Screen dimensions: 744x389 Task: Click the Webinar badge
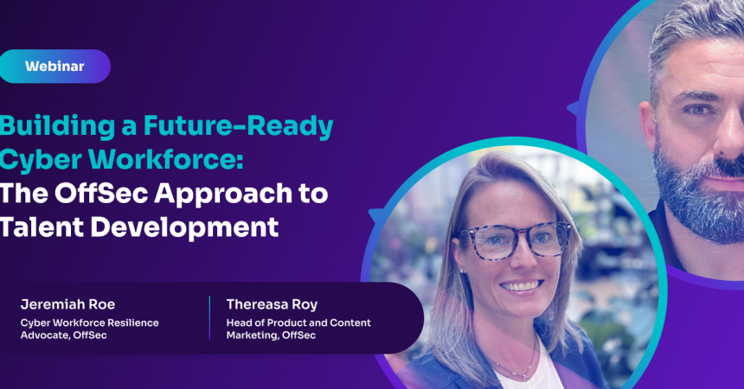[55, 66]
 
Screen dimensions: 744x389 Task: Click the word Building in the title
[57, 127]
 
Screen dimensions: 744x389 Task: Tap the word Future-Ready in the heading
[238, 127]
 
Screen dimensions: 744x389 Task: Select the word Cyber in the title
[40, 159]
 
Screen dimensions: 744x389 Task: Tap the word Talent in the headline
[42, 226]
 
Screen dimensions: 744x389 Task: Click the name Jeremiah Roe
[67, 304]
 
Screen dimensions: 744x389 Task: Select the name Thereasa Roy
[272, 304]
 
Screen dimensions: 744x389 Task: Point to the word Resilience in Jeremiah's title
[133, 322]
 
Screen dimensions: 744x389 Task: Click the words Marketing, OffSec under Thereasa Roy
[271, 335]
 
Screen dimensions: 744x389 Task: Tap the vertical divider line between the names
[209, 318]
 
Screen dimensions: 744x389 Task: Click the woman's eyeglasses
[515, 239]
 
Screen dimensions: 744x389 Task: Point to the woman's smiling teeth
[522, 285]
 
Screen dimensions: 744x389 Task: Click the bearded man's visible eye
[698, 110]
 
